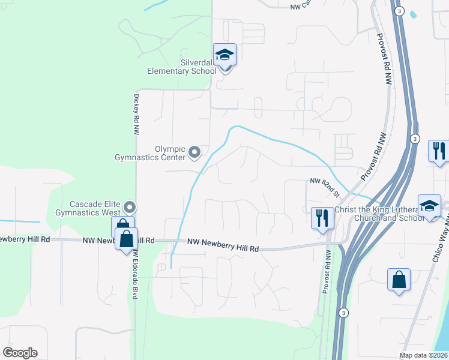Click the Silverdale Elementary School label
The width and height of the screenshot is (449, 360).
click(182, 67)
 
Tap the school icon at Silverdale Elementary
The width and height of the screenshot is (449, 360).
click(225, 55)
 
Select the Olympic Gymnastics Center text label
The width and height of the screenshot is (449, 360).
click(151, 154)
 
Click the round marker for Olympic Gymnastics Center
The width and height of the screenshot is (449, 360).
click(194, 153)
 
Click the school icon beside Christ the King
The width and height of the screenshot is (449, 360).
click(429, 206)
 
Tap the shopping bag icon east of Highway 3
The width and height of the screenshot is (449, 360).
click(399, 280)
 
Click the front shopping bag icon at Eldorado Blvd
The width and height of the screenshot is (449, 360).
click(126, 239)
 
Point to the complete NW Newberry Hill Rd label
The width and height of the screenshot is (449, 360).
click(223, 242)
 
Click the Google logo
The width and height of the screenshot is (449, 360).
click(20, 353)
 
